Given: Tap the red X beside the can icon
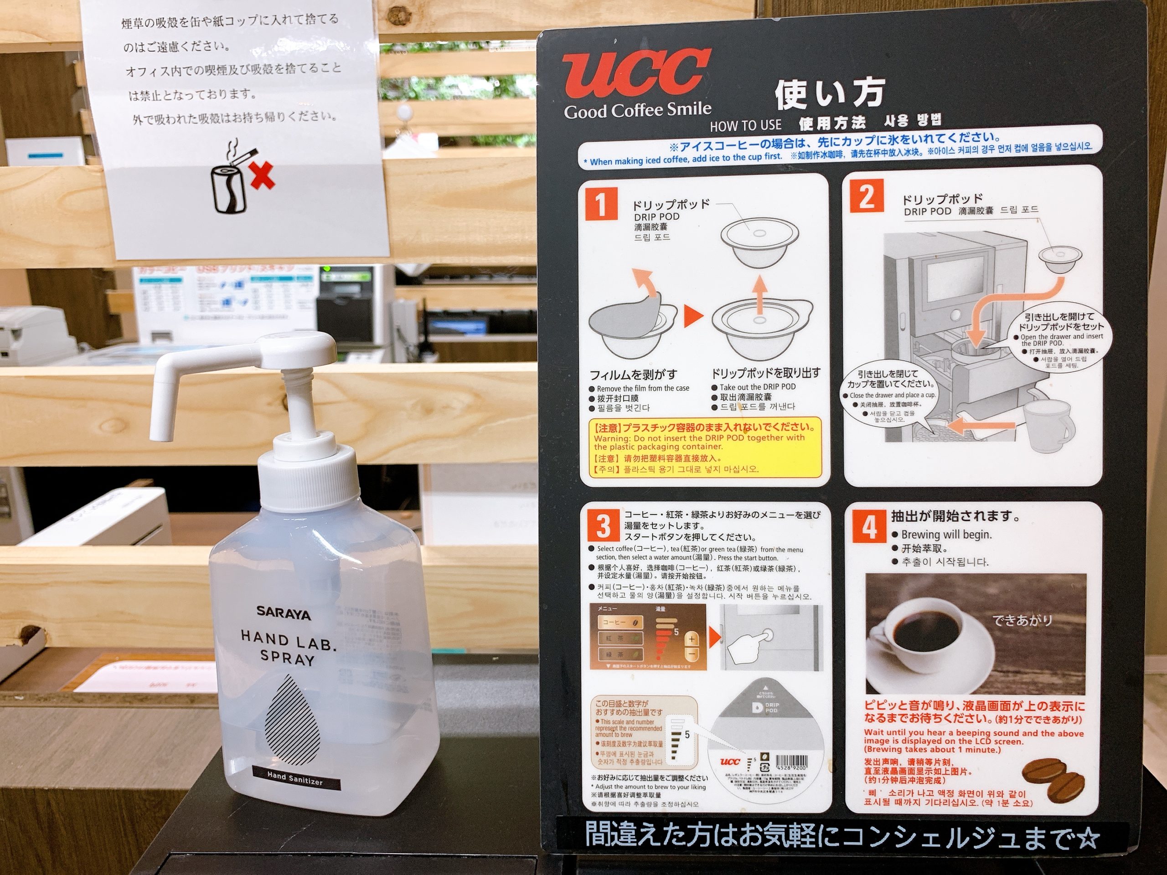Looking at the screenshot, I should point(262,175).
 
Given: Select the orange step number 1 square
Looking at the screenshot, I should point(600,204).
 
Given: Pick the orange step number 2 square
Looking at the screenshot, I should point(866,196).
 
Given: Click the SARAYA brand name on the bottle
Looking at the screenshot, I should point(283,613).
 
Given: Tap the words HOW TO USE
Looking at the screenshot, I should point(745,125).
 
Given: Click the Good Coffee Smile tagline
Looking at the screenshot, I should point(637,111).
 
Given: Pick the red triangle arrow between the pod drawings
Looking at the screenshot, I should point(694,316).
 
